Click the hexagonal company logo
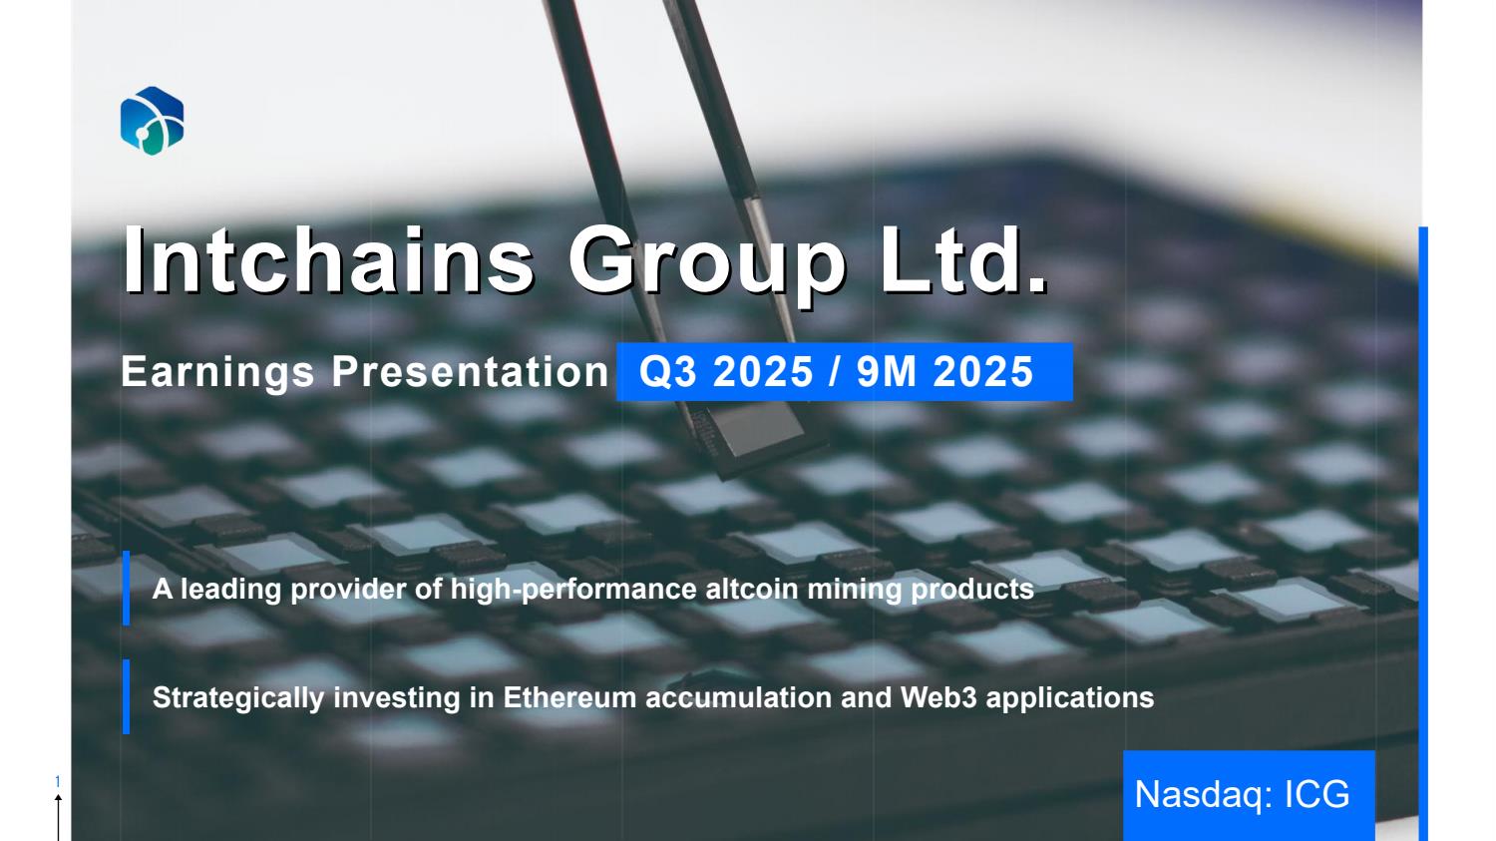click(153, 121)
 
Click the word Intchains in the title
click(328, 259)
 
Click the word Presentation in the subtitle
click(470, 371)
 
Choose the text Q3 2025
click(726, 371)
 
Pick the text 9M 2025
click(945, 371)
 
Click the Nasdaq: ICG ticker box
click(1249, 795)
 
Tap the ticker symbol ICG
click(1317, 795)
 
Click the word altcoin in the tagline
click(752, 590)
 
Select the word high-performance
click(573, 591)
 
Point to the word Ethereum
click(569, 698)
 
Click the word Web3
click(938, 698)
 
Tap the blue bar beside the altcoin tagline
click(127, 589)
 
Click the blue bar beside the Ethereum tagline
click(127, 696)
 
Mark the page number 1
click(58, 781)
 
